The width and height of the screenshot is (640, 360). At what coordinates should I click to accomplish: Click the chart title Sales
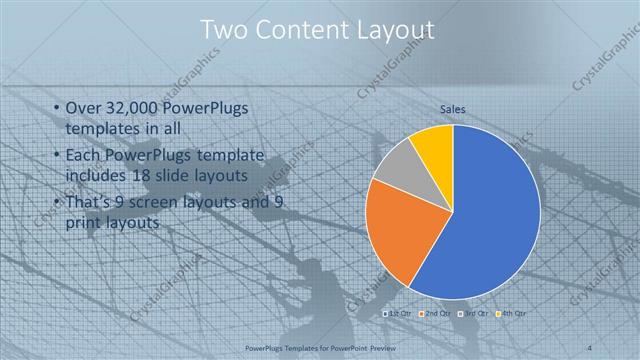click(x=453, y=109)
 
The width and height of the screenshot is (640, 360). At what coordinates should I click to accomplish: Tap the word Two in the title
click(x=225, y=31)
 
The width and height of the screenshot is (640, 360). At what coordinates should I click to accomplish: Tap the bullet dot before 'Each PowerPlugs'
click(x=55, y=156)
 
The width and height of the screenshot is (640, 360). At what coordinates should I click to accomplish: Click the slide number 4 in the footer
click(x=588, y=348)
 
